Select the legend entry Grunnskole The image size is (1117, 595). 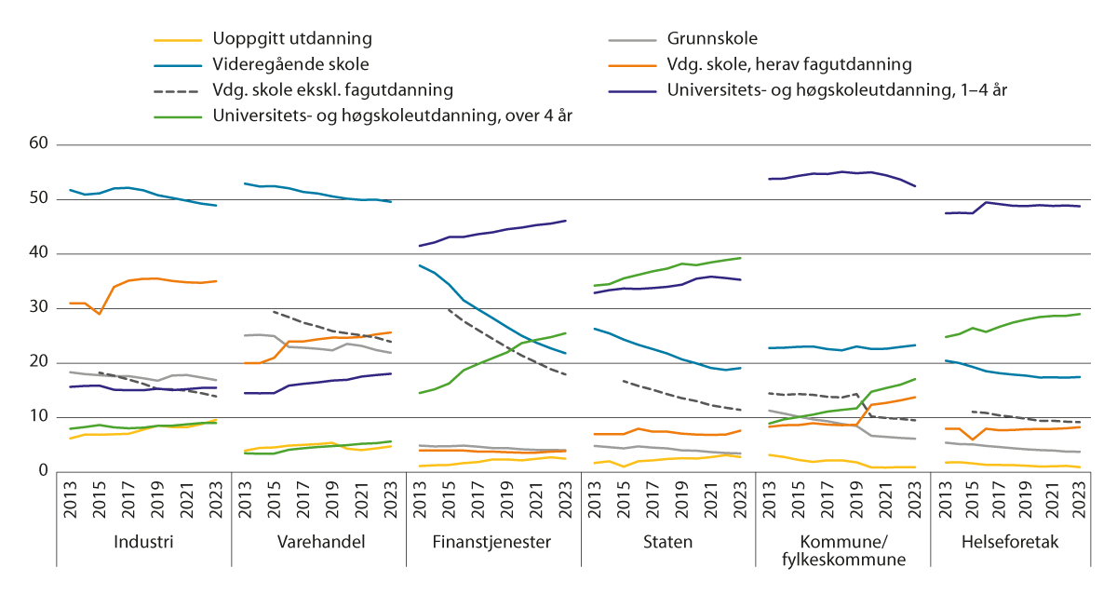point(712,39)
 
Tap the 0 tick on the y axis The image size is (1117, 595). point(42,471)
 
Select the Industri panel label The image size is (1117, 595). point(143,542)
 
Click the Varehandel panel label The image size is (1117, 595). point(318,542)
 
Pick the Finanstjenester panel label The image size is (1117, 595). point(493,542)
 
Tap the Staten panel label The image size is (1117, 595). point(668,542)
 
